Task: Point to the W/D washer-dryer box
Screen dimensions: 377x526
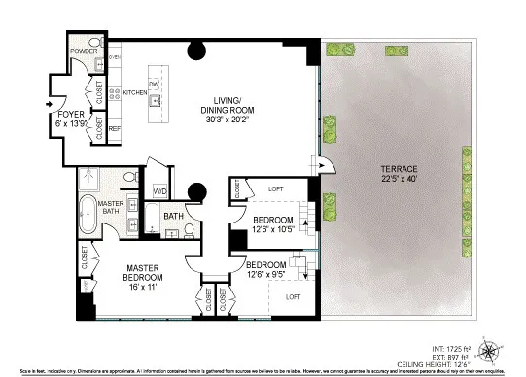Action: click(x=159, y=191)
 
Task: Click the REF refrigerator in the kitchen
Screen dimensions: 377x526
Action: click(x=115, y=128)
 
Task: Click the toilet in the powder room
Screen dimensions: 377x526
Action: click(x=99, y=65)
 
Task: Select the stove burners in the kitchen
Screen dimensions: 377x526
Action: click(x=115, y=94)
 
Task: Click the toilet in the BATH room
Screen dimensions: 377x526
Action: click(x=190, y=230)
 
